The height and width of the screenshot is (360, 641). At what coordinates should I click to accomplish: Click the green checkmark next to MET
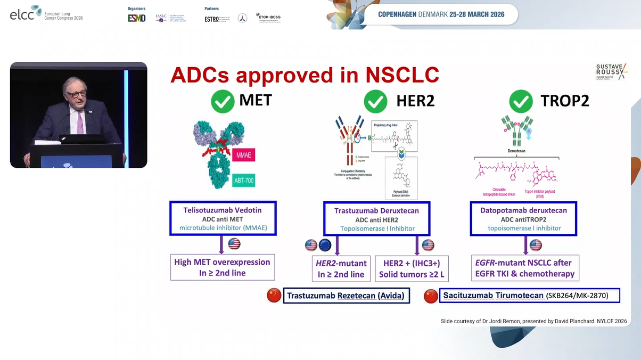tap(223, 100)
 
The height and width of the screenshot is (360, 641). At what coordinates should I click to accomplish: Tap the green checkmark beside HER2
tap(375, 100)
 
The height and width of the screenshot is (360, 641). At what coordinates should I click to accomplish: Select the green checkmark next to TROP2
tap(521, 100)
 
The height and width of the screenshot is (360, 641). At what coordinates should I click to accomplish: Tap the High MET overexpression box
tap(222, 268)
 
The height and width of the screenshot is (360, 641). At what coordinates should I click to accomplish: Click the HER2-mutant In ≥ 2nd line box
tap(341, 268)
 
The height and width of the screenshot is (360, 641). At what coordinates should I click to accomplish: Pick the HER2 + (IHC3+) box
tap(411, 268)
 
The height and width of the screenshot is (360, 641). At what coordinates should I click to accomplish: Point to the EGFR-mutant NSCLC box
tap(524, 268)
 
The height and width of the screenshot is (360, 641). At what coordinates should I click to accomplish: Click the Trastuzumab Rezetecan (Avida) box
tap(346, 296)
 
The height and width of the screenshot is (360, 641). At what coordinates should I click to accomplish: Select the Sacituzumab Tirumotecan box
tap(530, 296)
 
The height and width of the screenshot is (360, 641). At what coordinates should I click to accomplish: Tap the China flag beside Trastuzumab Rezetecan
tap(274, 296)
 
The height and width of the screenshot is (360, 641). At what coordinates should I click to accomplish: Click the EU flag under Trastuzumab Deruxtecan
tap(324, 245)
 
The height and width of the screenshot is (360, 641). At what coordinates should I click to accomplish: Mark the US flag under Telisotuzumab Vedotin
tap(234, 244)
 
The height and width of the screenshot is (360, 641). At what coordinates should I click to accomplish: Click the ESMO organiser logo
tap(137, 18)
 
